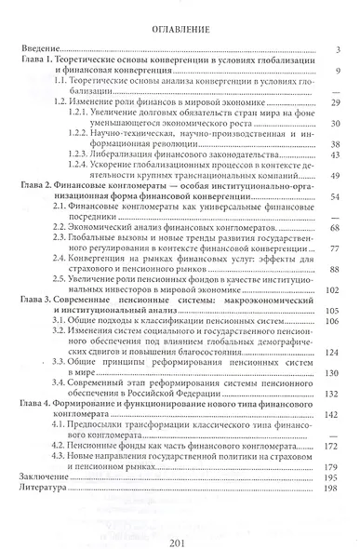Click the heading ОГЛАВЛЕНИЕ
180,31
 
